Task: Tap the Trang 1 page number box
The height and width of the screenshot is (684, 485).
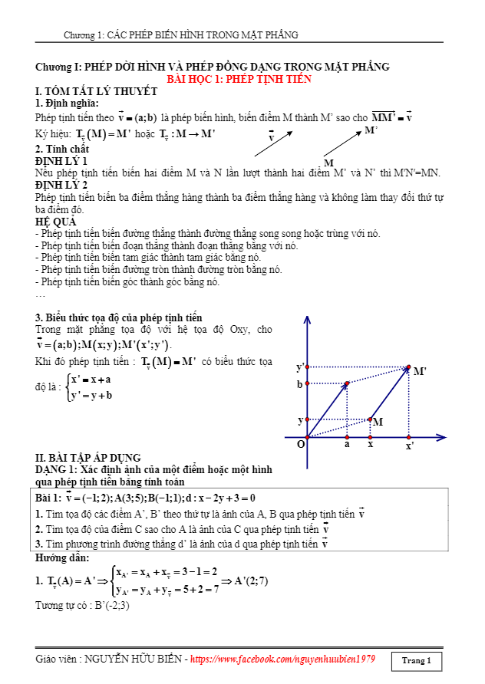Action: coord(416,660)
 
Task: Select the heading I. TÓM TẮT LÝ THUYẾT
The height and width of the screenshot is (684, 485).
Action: coord(97,91)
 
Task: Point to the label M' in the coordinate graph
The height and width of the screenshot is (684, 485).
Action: coord(420,372)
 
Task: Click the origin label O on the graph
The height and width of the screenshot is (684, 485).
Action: coord(301,444)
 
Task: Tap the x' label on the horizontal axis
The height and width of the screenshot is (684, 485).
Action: coord(410,446)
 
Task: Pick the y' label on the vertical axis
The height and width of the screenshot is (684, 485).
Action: coord(301,367)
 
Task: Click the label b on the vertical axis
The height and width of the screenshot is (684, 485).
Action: coord(300,384)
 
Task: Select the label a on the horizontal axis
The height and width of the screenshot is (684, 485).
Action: coord(347,444)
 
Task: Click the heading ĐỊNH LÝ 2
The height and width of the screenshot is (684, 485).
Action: coord(61,186)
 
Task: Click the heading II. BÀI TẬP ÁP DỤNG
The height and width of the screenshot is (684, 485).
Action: coord(88,458)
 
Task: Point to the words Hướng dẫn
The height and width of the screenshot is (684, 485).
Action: coord(62,557)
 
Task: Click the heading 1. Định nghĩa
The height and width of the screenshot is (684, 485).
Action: coord(67,104)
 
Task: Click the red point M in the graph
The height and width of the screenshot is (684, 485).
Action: coord(370,419)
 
